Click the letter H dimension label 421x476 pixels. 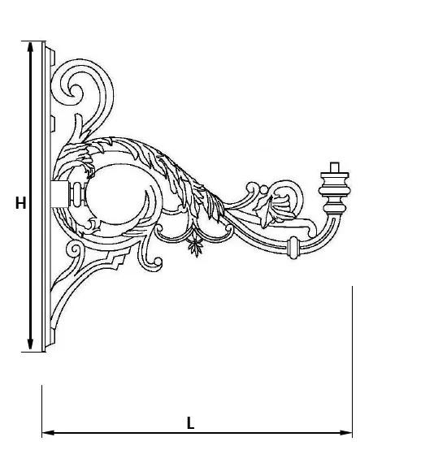(20, 203)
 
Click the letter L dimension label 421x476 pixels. (190, 423)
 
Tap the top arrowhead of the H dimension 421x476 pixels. (30, 48)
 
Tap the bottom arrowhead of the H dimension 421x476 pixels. (30, 345)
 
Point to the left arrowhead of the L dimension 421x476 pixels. (48, 432)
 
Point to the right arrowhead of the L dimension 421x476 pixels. (346, 432)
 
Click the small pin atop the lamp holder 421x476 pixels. (334, 167)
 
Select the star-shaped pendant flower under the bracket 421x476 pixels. (195, 246)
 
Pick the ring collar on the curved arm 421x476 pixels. (293, 248)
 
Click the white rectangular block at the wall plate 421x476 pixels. (60, 193)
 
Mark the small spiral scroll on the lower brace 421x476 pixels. (74, 250)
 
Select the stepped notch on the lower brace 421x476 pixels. (117, 261)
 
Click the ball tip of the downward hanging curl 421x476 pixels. (158, 262)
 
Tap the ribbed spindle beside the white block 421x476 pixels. (78, 193)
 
